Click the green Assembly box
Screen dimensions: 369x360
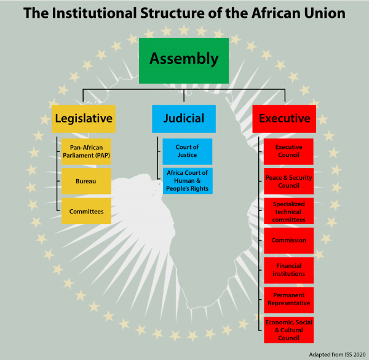184,61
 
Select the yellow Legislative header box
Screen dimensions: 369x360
84,119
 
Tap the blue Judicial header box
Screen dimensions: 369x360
184,119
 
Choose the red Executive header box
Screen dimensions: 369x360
284,119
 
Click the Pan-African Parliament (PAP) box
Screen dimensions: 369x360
86,151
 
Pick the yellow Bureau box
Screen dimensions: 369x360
86,181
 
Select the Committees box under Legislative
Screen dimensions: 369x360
86,211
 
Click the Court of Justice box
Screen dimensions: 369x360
188,151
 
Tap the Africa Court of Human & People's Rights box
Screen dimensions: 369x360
188,181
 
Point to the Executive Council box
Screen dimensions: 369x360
288,151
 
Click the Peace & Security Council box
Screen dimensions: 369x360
289,181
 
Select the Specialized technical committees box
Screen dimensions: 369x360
289,211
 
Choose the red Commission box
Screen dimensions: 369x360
289,241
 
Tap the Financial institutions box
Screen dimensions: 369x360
289,270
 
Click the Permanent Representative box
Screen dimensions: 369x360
289,300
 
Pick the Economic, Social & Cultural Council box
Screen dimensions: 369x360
289,330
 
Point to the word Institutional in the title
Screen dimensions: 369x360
94,13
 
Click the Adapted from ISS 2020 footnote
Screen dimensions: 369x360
337,354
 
